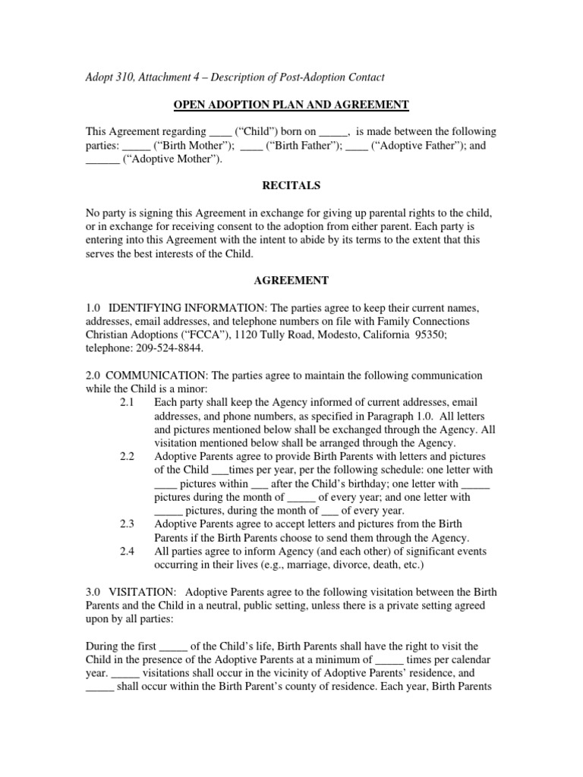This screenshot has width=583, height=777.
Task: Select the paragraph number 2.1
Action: (x=128, y=401)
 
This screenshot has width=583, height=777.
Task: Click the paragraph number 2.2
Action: (x=128, y=456)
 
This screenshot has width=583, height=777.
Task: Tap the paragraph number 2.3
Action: (x=128, y=524)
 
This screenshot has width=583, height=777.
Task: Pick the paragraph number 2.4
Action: (x=128, y=552)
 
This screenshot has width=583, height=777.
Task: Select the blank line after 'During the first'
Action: (x=174, y=647)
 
